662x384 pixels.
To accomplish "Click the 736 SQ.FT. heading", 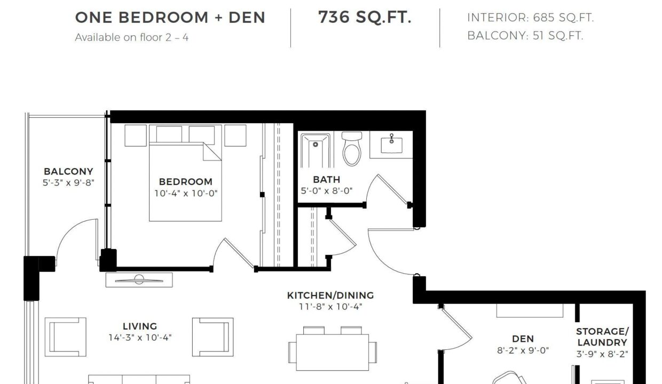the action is pyautogui.click(x=365, y=17).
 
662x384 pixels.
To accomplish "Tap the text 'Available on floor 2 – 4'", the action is pyautogui.click(x=131, y=37).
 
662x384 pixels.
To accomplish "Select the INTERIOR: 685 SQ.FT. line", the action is pyautogui.click(x=531, y=18).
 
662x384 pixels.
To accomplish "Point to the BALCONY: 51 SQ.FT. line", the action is pyautogui.click(x=525, y=36).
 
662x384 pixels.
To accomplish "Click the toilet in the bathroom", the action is pyautogui.click(x=352, y=148).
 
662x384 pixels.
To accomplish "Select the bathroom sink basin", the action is pyautogui.click(x=391, y=145).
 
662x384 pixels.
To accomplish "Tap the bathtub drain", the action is pyautogui.click(x=316, y=145).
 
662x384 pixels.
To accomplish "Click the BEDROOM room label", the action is pyautogui.click(x=186, y=181).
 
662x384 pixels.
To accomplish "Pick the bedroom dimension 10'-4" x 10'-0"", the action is pyautogui.click(x=186, y=193).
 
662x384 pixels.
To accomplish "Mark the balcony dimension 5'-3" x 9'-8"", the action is pyautogui.click(x=68, y=183).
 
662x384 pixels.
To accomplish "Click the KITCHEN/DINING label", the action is pyautogui.click(x=330, y=295).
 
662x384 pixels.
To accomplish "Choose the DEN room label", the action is pyautogui.click(x=523, y=339).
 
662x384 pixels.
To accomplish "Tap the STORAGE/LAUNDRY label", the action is pyautogui.click(x=602, y=337).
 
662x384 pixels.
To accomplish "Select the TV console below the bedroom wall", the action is pyautogui.click(x=139, y=280).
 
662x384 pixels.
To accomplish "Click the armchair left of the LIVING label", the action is pyautogui.click(x=65, y=337).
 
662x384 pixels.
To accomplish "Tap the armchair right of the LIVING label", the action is pyautogui.click(x=213, y=337).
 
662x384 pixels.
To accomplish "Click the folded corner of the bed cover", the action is pyautogui.click(x=212, y=151).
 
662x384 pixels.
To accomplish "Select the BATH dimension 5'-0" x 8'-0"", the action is pyautogui.click(x=327, y=191).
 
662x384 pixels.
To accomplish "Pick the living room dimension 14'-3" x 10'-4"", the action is pyautogui.click(x=140, y=338).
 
